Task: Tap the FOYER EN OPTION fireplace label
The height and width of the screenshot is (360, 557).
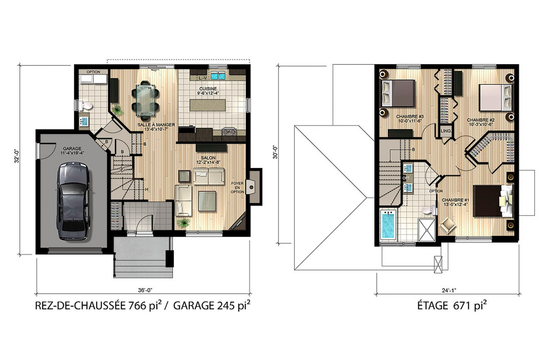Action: pos(237,188)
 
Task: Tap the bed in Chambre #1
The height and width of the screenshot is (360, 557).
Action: pos(491,200)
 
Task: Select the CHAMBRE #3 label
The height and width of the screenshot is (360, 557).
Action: pos(405,118)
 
